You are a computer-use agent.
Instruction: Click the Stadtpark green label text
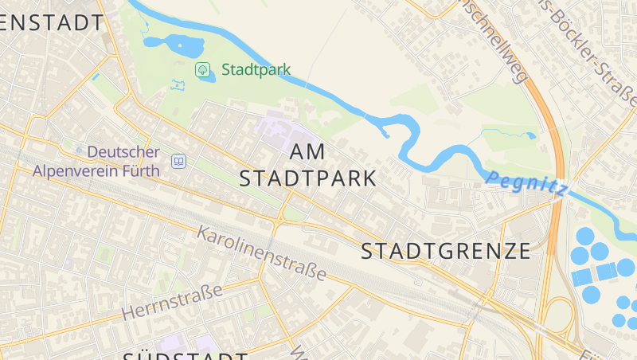(256, 69)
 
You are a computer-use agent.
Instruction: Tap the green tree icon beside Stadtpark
(203, 69)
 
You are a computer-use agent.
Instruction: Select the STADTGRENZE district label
(446, 252)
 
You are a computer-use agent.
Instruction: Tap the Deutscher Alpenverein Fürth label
(96, 161)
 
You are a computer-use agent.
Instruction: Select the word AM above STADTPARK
(309, 151)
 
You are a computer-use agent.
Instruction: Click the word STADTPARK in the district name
(307, 178)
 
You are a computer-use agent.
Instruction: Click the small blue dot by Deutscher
(78, 150)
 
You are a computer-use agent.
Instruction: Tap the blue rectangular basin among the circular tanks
(583, 276)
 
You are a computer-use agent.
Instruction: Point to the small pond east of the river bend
(530, 135)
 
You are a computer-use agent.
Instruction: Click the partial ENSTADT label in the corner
(53, 22)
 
